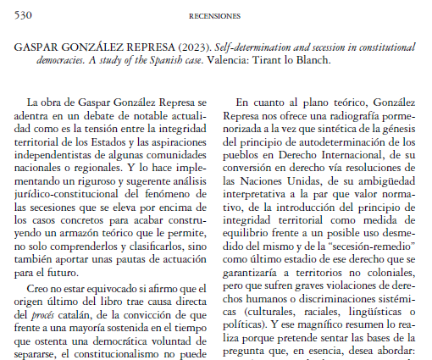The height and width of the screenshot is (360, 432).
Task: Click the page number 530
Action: tap(24, 15)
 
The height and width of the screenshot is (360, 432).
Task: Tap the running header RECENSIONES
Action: tap(215, 15)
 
